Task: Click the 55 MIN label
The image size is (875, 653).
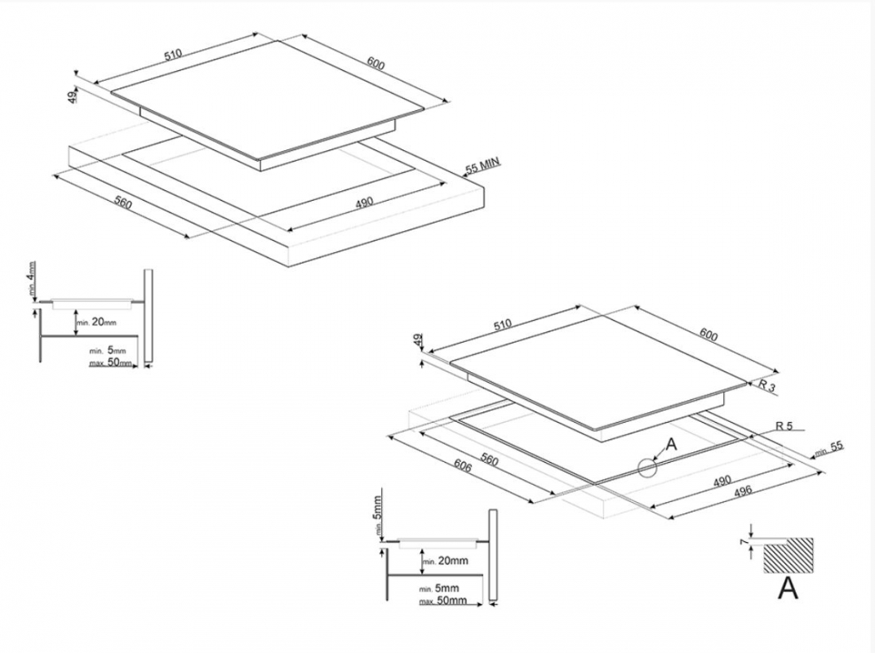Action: [x=483, y=165]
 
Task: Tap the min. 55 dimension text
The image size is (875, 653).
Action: [x=829, y=449]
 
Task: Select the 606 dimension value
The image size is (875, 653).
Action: [x=463, y=465]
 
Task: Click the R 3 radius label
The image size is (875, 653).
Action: [x=767, y=385]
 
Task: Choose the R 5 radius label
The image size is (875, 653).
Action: [x=784, y=426]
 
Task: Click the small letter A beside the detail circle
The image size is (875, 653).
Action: [x=671, y=444]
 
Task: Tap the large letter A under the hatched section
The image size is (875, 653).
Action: [x=788, y=588]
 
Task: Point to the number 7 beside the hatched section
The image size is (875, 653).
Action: [x=744, y=542]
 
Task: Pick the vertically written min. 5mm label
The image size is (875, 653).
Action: [x=378, y=516]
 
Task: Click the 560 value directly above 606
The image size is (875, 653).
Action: [x=489, y=460]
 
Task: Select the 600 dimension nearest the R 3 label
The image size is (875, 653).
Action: [x=708, y=335]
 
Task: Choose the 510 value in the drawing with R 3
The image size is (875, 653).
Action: [x=504, y=324]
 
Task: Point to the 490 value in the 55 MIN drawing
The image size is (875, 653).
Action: [x=364, y=202]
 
